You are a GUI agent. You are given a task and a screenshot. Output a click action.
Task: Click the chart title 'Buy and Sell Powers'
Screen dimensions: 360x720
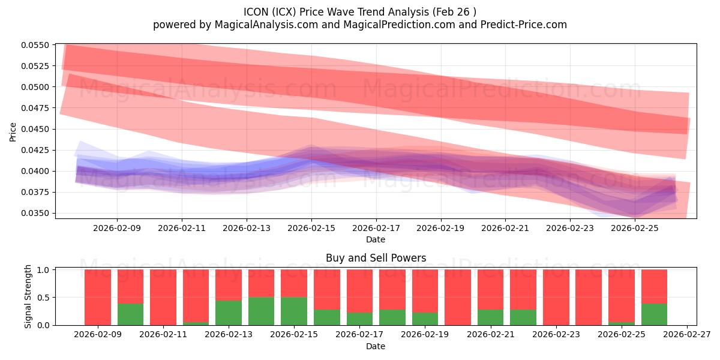tap(376, 258)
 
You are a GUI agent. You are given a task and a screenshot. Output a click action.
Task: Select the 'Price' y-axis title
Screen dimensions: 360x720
tap(13, 131)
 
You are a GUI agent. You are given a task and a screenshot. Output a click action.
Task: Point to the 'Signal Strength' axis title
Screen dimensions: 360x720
tap(28, 297)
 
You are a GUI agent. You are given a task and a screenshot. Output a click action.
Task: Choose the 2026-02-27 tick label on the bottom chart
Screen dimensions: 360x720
tap(686, 335)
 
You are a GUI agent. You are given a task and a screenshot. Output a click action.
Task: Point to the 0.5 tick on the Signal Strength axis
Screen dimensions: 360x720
tap(44, 298)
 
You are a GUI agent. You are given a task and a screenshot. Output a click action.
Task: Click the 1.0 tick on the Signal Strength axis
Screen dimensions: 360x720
tap(44, 270)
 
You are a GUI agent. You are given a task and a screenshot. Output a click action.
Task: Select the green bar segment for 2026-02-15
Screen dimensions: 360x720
tap(294, 311)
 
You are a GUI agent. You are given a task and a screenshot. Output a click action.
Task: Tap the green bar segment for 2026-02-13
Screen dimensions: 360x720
tap(229, 313)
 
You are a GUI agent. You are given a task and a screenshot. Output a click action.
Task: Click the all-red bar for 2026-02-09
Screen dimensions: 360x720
tap(98, 297)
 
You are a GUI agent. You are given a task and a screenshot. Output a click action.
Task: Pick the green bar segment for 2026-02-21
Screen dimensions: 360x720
tap(490, 317)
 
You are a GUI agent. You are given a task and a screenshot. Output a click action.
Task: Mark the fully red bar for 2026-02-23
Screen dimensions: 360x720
tap(556, 297)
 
